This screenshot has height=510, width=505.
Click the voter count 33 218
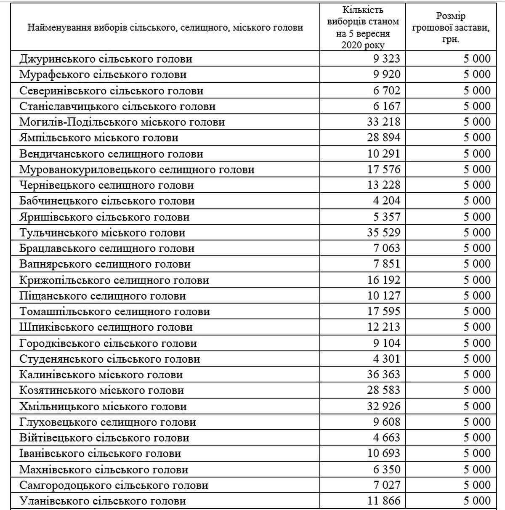[x=383, y=122]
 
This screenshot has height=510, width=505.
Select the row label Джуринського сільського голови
[x=106, y=59]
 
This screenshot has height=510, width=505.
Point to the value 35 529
[x=383, y=233]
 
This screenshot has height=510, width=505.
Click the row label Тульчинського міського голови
[x=102, y=233]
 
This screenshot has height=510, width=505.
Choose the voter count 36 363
[x=383, y=375]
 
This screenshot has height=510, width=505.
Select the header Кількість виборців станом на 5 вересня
[x=363, y=27]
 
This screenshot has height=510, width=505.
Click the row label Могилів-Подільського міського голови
[x=122, y=122]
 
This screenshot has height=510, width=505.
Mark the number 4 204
[x=386, y=201]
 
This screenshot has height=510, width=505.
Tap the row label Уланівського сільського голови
[x=103, y=501]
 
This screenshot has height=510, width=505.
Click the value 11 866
[x=383, y=501]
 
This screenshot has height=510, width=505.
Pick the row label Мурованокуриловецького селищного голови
[x=137, y=170]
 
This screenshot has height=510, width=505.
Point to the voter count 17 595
[x=383, y=311]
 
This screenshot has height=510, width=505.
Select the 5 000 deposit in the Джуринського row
[x=477, y=59]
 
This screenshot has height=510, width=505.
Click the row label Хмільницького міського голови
[x=103, y=406]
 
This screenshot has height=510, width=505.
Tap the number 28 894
[x=383, y=138]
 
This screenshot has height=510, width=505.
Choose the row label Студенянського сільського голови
[x=109, y=359]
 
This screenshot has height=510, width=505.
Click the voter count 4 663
[x=386, y=438]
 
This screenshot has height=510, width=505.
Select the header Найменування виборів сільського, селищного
[x=165, y=28]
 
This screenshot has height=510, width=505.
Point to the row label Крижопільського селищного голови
[x=114, y=280]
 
